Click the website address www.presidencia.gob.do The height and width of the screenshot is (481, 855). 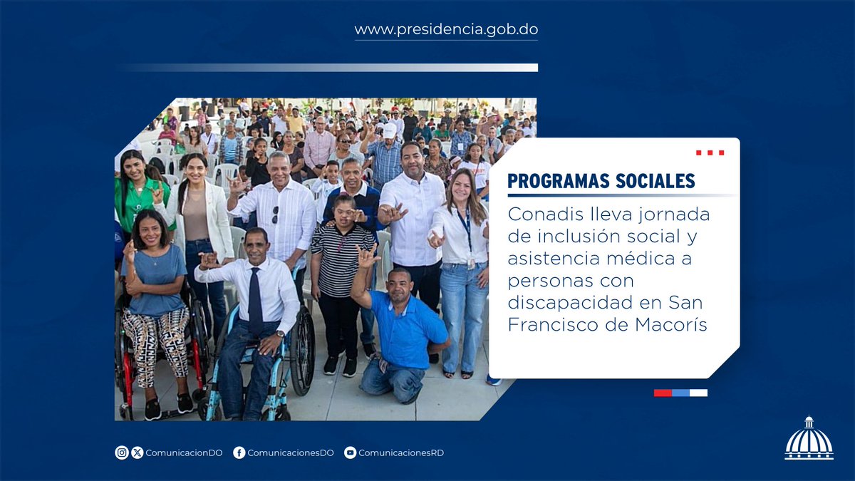click(x=446, y=30)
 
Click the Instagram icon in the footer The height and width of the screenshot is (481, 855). click(x=122, y=452)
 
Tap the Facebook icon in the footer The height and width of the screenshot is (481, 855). click(x=239, y=452)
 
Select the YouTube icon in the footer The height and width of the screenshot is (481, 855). click(x=350, y=452)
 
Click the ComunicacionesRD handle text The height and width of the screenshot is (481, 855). click(x=400, y=452)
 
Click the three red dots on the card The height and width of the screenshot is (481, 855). click(x=710, y=152)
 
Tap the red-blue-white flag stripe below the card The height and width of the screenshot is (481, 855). click(x=680, y=393)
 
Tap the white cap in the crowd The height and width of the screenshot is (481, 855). click(x=390, y=130)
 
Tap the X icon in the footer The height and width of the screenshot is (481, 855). click(x=138, y=452)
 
